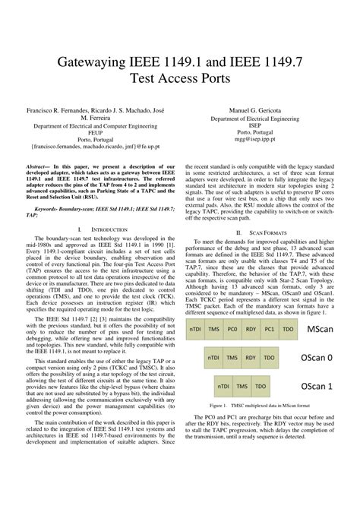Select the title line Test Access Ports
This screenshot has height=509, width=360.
tap(180, 77)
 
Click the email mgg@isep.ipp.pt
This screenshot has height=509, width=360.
tap(255, 141)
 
